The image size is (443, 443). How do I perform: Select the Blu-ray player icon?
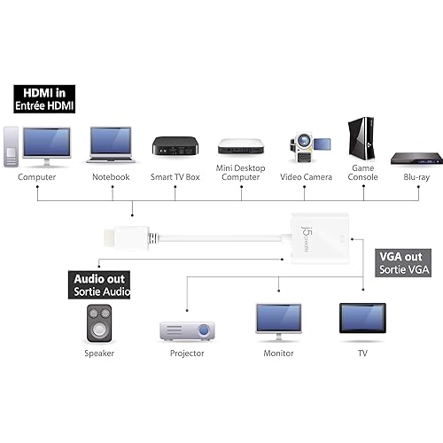pyautogui.click(x=417, y=158)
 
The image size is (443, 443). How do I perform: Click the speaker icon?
pyautogui.click(x=98, y=323)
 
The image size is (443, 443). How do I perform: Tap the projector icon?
pyautogui.click(x=186, y=330)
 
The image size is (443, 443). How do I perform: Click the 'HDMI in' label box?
pyautogui.click(x=43, y=98)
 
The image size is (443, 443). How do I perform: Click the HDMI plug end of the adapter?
pyautogui.click(x=115, y=237)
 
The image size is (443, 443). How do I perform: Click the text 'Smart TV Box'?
pyautogui.click(x=174, y=177)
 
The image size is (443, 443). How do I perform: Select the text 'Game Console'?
pyautogui.click(x=363, y=172)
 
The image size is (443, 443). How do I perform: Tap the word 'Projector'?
pyautogui.click(x=186, y=354)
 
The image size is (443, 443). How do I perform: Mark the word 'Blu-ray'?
pyautogui.click(x=416, y=177)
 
